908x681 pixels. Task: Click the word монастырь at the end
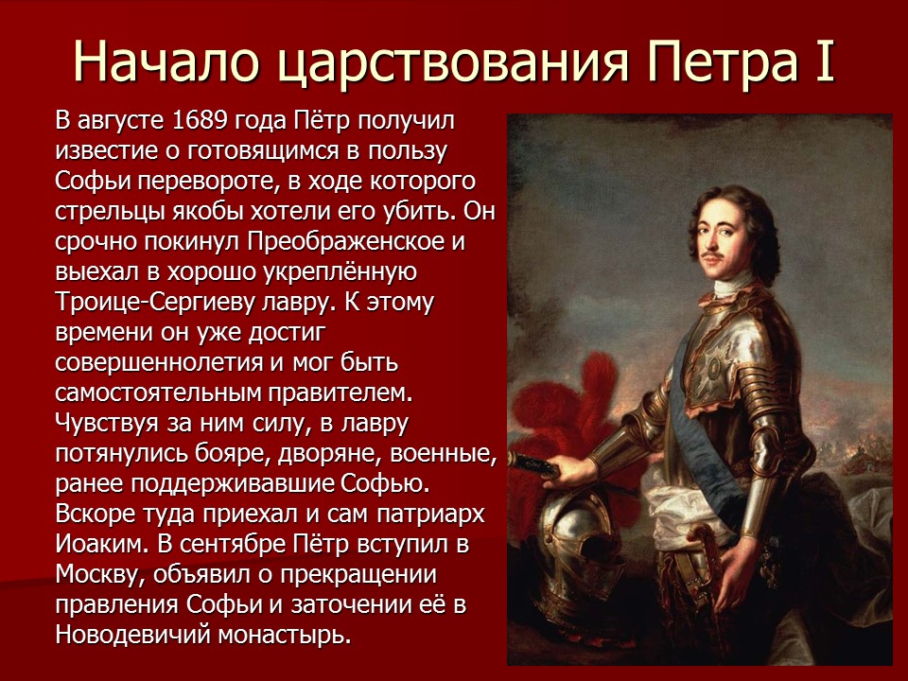click(x=286, y=635)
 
